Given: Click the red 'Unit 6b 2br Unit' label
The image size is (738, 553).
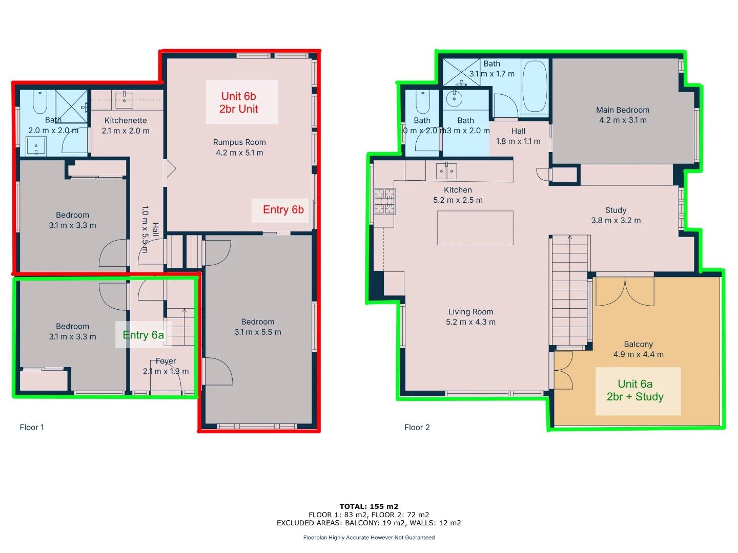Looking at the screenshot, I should coord(239,102).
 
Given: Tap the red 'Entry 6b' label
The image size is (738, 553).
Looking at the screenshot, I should coord(283,209).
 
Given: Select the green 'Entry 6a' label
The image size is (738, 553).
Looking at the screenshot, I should coord(143,335).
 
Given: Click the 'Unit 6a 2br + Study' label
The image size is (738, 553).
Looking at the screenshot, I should coord(635,390).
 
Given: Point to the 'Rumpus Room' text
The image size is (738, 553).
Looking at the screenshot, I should coord(239,142).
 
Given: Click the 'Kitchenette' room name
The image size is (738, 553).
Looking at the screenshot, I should coord(126,120).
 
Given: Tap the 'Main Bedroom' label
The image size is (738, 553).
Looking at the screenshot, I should coord(623,110).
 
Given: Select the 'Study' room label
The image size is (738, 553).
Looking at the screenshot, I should coord(616,210).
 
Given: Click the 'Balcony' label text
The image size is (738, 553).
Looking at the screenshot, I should coord(638,345).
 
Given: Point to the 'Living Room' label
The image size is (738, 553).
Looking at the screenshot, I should coord(470,312).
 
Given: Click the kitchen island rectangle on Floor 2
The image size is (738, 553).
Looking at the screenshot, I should coord(475,228).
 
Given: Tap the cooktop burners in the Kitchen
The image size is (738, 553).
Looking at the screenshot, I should coord(384,201).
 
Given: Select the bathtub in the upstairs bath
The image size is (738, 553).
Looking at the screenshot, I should coord(535,87).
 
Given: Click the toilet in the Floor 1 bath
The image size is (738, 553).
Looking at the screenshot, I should coord(40,102).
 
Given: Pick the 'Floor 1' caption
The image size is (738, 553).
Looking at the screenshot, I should coord(32,428).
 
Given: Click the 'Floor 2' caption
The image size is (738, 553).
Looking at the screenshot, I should coord(417,428).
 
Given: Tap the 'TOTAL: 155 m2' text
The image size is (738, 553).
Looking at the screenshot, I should coord(368,506).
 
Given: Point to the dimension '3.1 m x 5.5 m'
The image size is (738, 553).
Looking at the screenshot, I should coord(258,332).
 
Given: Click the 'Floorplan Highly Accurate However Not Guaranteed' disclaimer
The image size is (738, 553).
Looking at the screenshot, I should coord(368,538).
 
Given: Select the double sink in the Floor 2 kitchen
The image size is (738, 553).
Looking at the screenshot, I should coord(446,171).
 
